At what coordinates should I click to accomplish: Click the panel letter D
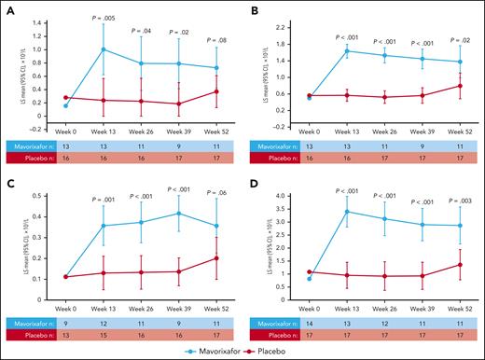(252, 187)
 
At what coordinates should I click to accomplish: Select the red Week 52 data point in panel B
(460, 86)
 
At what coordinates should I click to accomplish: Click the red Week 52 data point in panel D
(460, 265)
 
